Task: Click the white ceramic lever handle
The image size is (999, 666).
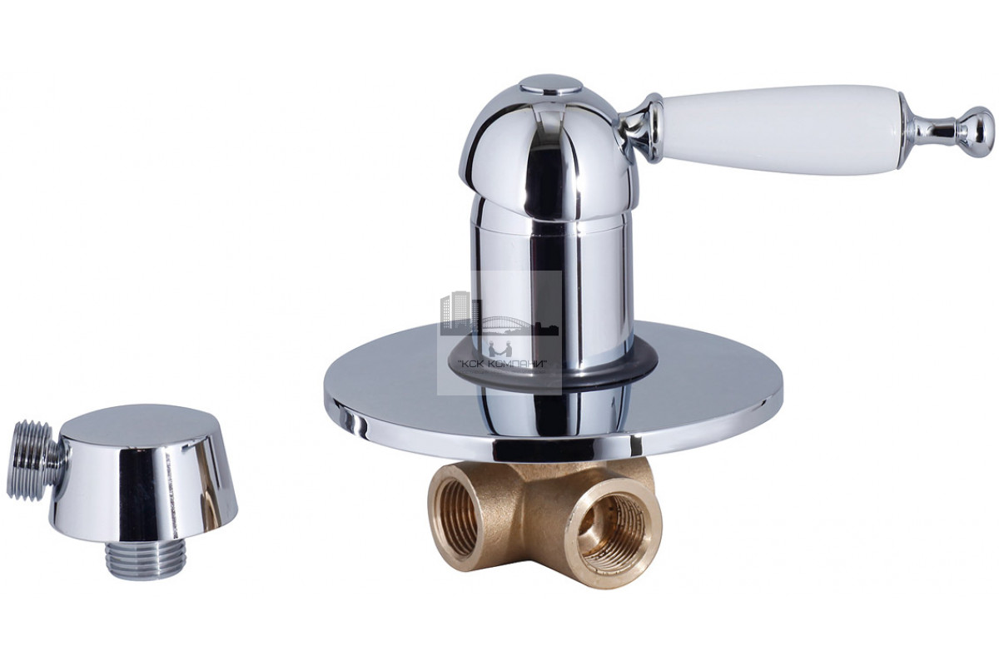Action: point(781,129)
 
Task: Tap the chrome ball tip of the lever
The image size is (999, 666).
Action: point(977,132)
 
